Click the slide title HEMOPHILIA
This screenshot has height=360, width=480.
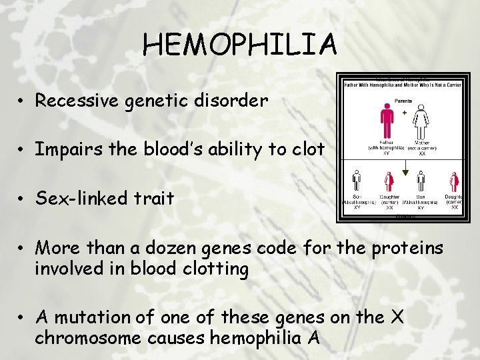pyautogui.click(x=240, y=45)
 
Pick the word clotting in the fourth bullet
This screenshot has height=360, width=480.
pyautogui.click(x=215, y=269)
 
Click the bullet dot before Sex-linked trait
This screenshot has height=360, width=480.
pyautogui.click(x=22, y=199)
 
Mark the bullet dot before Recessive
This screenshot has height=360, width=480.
pyautogui.click(x=22, y=101)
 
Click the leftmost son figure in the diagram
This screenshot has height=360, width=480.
pyautogui.click(x=357, y=181)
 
